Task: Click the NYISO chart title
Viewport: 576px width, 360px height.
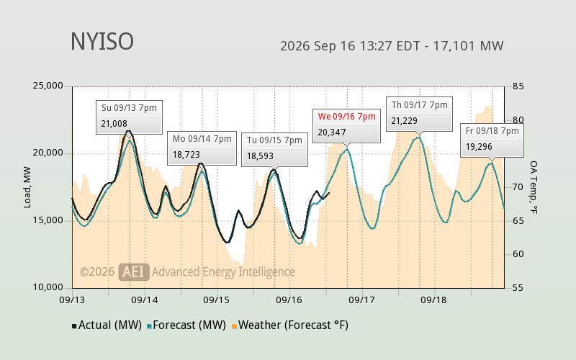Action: [102, 42]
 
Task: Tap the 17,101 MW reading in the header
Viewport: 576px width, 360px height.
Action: [468, 46]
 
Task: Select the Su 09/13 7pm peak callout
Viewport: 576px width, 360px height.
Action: [129, 117]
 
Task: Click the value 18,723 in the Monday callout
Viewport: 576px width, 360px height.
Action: [186, 155]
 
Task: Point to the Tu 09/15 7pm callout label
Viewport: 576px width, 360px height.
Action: [274, 140]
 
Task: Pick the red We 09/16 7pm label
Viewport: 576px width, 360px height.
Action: [347, 117]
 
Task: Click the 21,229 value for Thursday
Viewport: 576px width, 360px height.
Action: [404, 121]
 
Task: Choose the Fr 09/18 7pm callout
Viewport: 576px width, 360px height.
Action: [492, 140]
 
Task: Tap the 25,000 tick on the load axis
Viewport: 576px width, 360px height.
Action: [48, 86]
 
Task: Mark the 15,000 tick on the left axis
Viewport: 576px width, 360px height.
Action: [48, 220]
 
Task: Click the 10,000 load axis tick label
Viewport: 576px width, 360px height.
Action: [48, 287]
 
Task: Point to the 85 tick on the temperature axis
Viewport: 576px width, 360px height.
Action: [518, 86]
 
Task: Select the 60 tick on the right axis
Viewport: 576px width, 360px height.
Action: [518, 254]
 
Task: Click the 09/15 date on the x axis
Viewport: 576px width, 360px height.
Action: [217, 300]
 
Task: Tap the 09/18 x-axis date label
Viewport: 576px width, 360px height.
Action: [433, 300]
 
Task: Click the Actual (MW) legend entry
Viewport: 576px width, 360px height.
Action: [107, 325]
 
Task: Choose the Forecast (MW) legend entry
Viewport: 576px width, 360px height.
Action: [186, 325]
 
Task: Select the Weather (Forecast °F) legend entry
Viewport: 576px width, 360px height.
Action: [290, 325]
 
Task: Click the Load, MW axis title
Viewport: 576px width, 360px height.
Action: [27, 187]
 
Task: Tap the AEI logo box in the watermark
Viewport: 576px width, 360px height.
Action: [134, 272]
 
